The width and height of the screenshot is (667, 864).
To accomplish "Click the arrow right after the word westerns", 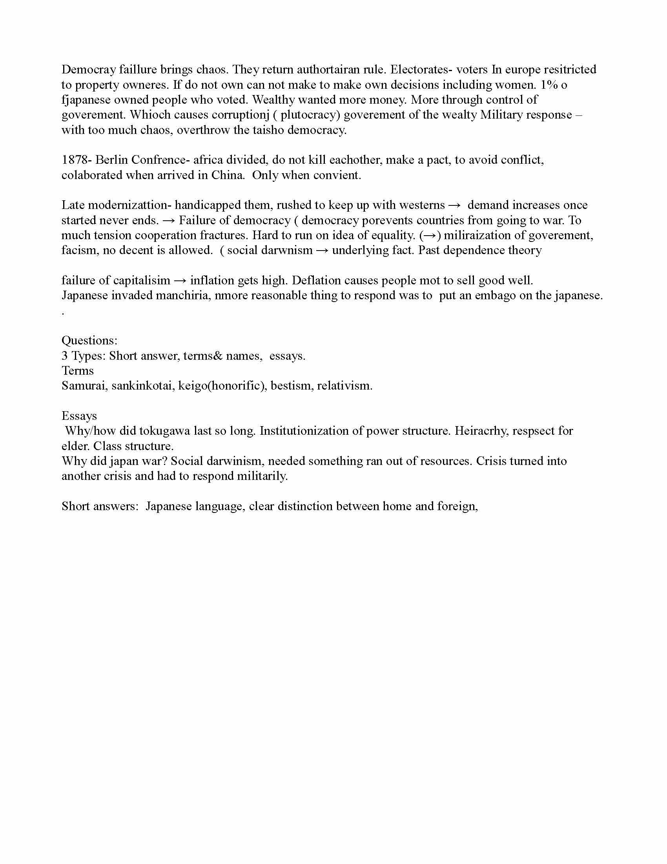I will (454, 205).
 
